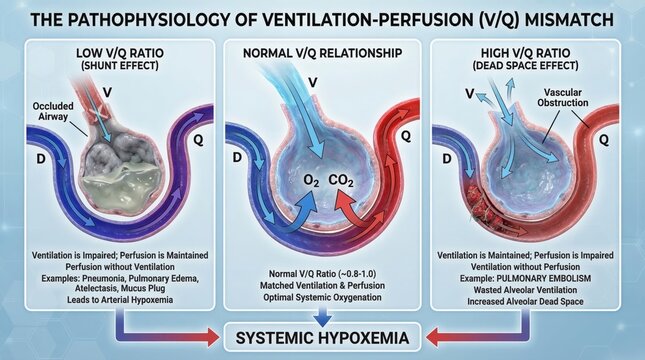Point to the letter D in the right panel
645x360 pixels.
tap(446, 157)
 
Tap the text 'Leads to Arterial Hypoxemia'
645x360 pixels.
tap(108, 297)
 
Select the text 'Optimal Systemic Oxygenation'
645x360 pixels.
tap(321, 297)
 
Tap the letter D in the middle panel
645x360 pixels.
tap(237, 157)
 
